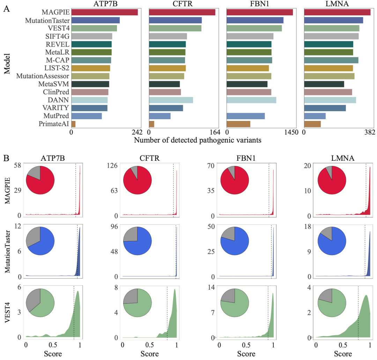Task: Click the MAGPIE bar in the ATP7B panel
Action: (x=104, y=12)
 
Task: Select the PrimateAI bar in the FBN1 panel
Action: (x=238, y=124)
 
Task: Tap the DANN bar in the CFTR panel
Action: (x=171, y=100)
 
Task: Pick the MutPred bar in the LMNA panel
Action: (x=315, y=116)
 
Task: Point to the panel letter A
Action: (x=6, y=9)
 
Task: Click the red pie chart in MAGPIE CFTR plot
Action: (x=138, y=180)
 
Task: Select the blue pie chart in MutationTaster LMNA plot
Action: (x=332, y=241)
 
